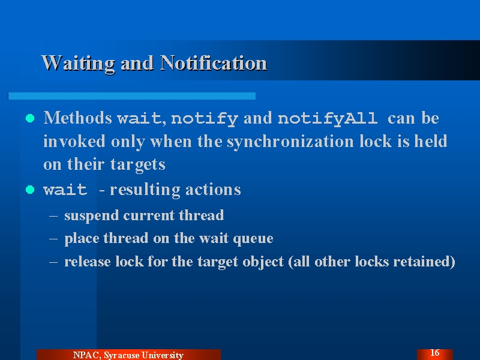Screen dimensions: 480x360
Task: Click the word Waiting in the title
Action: coord(79,64)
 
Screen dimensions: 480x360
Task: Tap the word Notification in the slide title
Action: coord(214,63)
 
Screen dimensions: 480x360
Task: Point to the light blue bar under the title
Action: coord(131,96)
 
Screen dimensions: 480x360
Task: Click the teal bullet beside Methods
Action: coord(30,118)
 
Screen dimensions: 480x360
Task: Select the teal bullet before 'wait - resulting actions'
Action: coord(30,190)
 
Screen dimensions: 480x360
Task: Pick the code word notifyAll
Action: coord(327,119)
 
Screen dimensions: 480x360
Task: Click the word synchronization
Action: coord(290,142)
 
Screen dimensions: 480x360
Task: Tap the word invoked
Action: coord(74,141)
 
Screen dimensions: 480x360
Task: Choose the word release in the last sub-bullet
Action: coord(87,262)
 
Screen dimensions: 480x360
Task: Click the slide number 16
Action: coord(434,353)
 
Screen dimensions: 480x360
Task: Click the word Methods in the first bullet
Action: coord(78,118)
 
